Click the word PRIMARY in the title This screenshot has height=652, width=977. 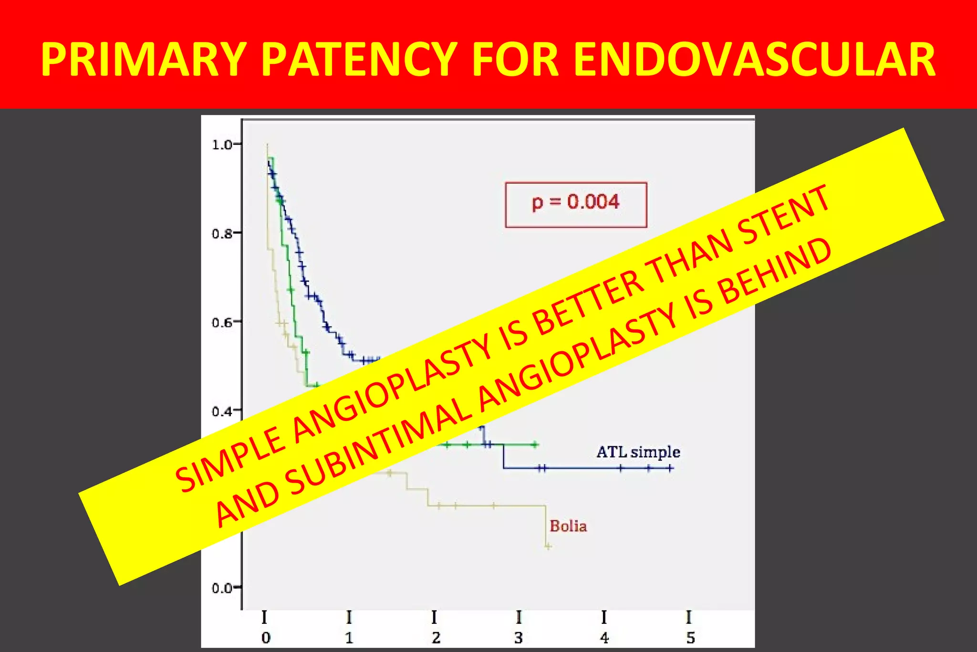coord(144,59)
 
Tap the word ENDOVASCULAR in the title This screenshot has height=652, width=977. coord(754,59)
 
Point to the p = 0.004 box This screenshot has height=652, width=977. coord(576,204)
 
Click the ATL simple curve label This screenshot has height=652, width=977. coord(638,452)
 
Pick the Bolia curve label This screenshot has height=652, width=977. coord(568,526)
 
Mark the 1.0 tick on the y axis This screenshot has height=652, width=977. coord(222,145)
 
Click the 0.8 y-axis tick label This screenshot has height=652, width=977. coord(222,233)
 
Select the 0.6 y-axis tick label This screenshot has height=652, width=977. coord(222,322)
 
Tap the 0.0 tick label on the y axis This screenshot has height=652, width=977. coord(222,588)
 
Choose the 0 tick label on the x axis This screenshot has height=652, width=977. coord(266,638)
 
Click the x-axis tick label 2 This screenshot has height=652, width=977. coord(436,638)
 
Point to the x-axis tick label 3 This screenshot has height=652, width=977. coord(519,638)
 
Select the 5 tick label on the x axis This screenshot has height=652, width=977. coord(690,638)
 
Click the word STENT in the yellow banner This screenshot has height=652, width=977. coord(782,215)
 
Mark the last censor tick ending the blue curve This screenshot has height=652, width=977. coord(670,468)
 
